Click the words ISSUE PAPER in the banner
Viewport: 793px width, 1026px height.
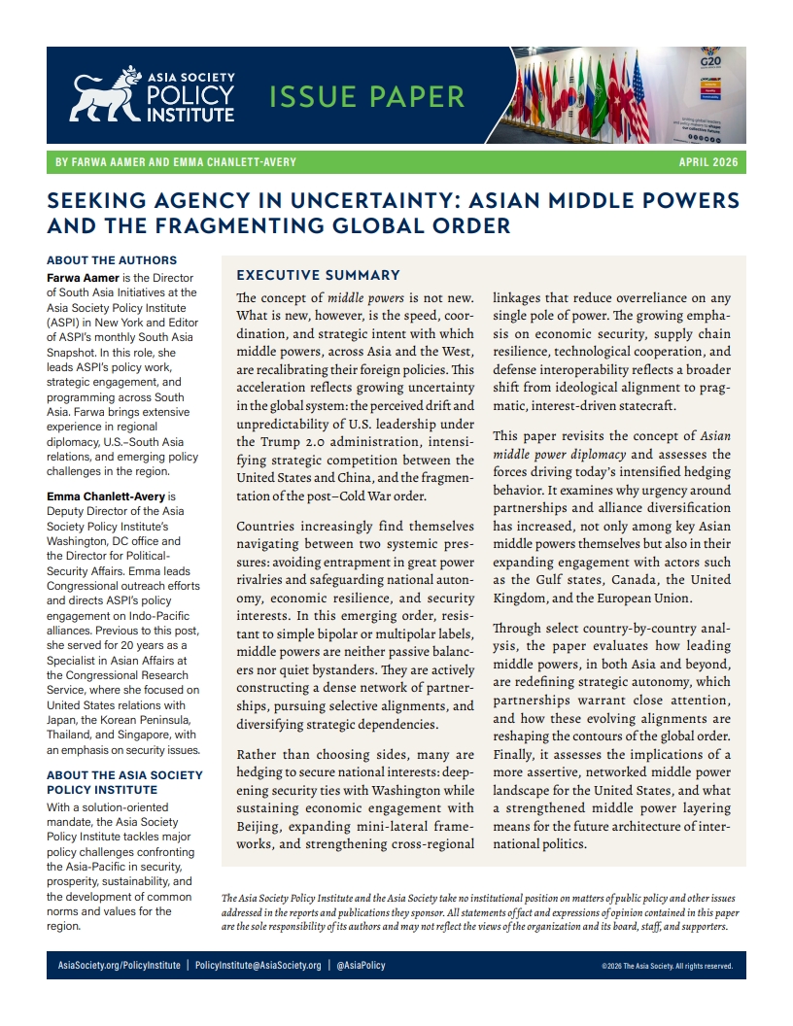tap(366, 97)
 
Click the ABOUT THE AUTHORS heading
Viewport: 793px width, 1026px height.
tap(112, 260)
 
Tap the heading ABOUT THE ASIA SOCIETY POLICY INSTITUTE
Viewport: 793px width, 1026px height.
tap(124, 782)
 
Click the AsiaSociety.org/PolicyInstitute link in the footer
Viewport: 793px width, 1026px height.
tap(119, 966)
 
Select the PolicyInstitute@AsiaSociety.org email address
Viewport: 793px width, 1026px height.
tap(258, 966)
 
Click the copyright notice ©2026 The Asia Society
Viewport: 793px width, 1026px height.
tap(667, 967)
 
